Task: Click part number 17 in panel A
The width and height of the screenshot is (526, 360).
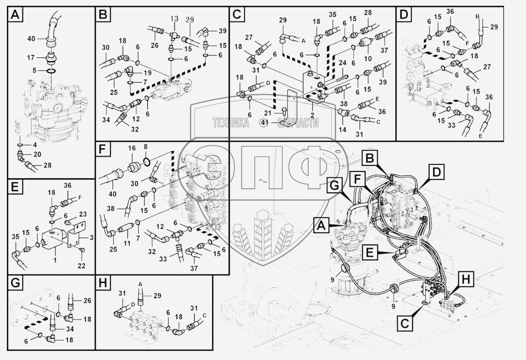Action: coord(31,57)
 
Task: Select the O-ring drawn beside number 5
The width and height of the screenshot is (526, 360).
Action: coord(51,71)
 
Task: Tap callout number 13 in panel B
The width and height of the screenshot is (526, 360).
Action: coord(175,19)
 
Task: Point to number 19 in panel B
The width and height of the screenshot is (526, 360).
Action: coord(148,73)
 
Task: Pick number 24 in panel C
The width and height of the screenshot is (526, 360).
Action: coord(343,63)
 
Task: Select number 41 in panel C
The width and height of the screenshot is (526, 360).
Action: coord(265,123)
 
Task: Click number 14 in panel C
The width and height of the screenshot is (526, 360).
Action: coord(343,129)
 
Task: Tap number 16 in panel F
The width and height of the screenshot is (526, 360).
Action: coord(132,148)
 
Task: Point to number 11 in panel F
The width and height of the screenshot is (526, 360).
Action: coord(127,243)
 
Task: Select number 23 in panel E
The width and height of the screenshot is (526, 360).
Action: coord(82,214)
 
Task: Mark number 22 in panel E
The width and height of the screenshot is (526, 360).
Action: coord(82,266)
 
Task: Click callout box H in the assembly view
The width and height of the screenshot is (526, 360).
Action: coord(466,280)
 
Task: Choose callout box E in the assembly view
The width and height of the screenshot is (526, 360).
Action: coord(370,253)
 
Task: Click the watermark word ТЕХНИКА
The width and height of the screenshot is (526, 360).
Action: coord(231,123)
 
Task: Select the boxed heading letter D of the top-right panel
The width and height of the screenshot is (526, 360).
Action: coord(404,14)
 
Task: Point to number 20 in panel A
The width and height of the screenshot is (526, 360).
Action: coord(37,154)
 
